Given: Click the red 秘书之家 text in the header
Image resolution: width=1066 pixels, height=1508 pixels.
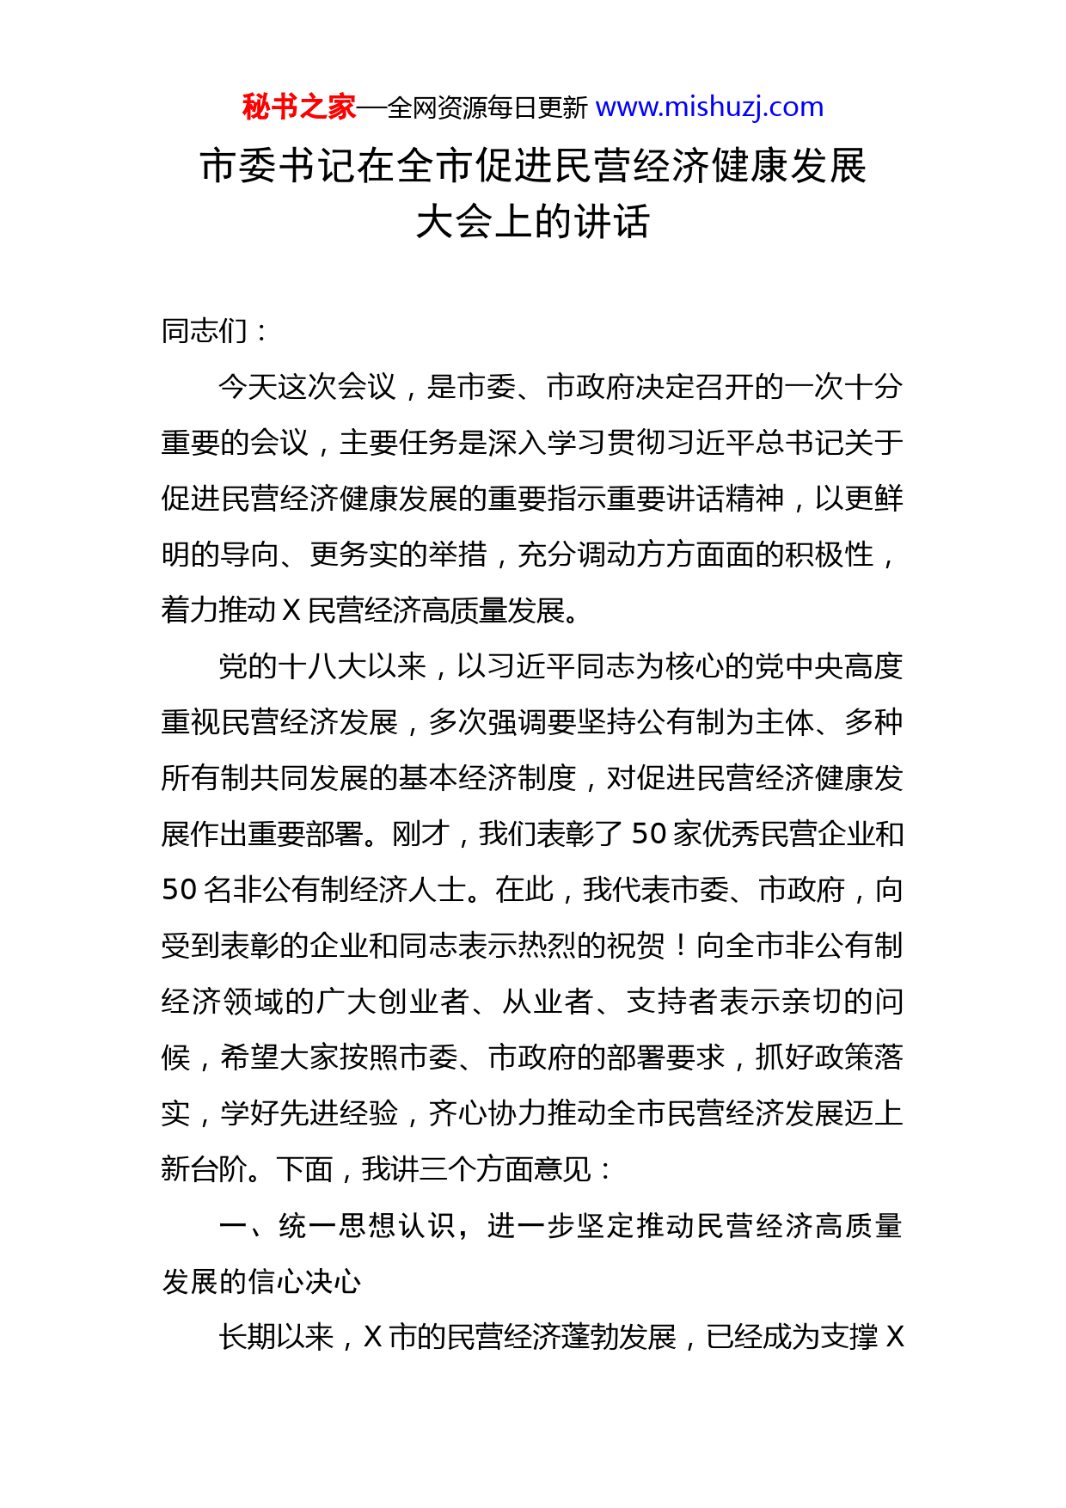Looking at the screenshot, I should (298, 107).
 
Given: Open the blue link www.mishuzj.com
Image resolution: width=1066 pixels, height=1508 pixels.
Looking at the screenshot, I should (709, 107).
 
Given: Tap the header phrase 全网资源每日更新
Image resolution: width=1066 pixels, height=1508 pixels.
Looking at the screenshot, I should (487, 108).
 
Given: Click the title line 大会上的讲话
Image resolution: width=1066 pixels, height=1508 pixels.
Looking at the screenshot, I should (533, 222).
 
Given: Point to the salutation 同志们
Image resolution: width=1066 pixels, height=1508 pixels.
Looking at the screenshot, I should (205, 331).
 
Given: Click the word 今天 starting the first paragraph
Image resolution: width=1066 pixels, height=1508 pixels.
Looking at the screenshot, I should (248, 387).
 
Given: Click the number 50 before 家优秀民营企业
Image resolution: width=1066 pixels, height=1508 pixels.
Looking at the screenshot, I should (649, 834).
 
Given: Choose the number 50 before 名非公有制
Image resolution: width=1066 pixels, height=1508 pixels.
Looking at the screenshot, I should (180, 890).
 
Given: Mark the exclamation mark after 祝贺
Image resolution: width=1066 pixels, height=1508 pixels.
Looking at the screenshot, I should (680, 946).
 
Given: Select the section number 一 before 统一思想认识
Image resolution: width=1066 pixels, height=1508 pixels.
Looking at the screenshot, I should (233, 1226).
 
